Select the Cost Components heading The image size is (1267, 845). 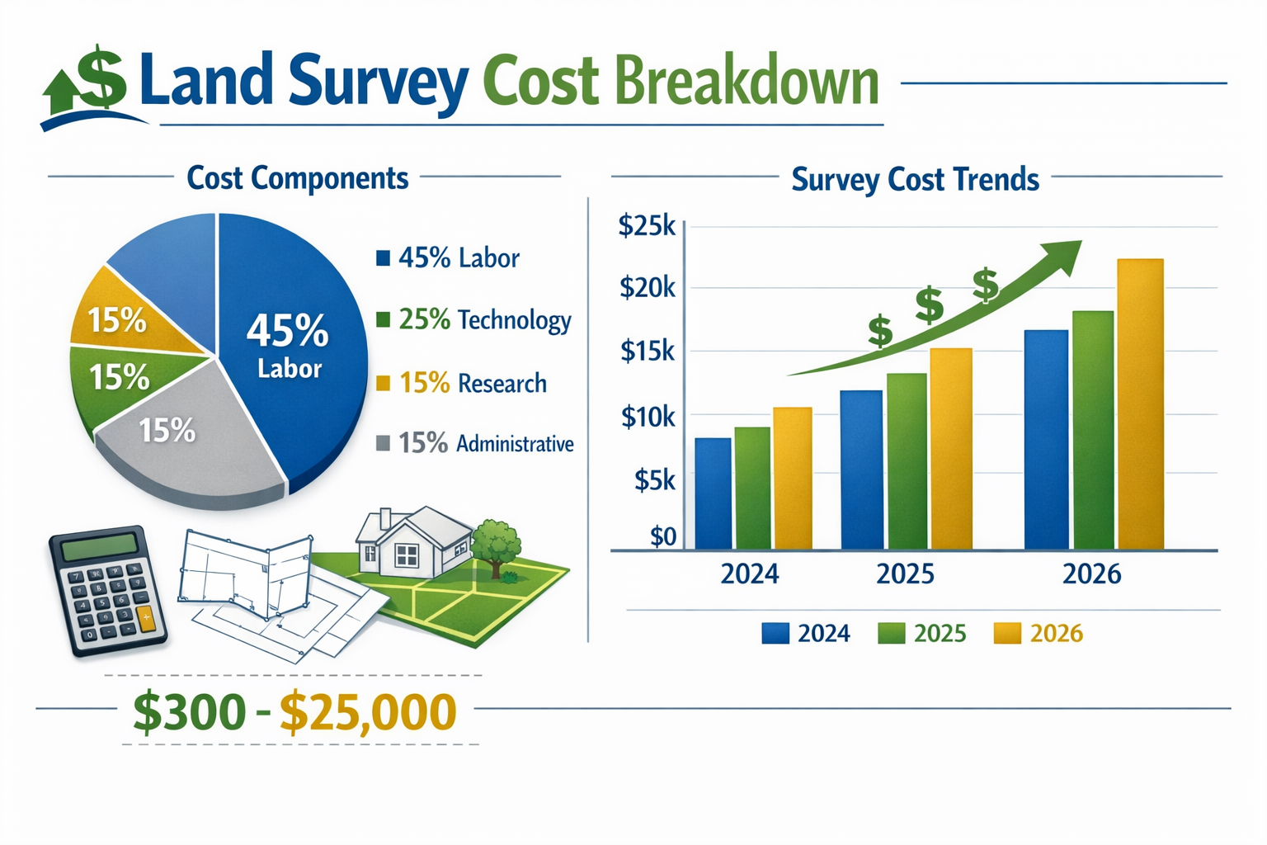pyautogui.click(x=297, y=178)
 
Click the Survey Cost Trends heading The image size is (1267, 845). pyautogui.click(x=915, y=180)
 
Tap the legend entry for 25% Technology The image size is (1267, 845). pyautogui.click(x=473, y=320)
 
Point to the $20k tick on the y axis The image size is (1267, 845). pyautogui.click(x=647, y=288)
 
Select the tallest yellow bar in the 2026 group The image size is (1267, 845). pyautogui.click(x=1140, y=404)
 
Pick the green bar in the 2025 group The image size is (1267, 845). pyautogui.click(x=906, y=461)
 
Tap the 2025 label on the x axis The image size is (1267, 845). pyautogui.click(x=905, y=574)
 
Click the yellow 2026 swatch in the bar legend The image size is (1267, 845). pyautogui.click(x=1007, y=633)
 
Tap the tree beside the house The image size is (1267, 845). pyautogui.click(x=497, y=543)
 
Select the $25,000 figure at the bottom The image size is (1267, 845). pyautogui.click(x=367, y=712)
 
